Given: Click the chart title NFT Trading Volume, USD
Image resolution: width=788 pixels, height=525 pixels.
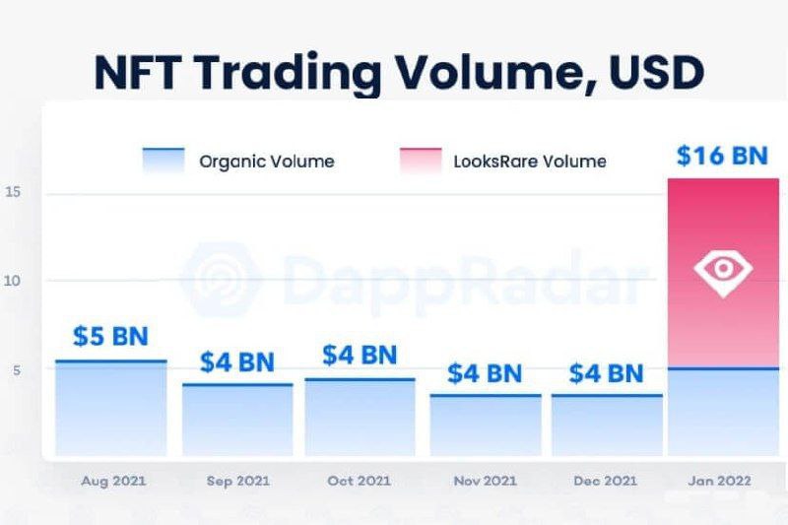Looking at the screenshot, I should (x=398, y=72).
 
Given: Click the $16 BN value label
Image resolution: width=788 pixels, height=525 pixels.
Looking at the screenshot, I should (x=722, y=155).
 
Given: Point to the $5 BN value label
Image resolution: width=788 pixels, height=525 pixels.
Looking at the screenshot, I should (x=110, y=336).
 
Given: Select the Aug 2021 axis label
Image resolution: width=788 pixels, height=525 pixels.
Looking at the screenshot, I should (x=113, y=481).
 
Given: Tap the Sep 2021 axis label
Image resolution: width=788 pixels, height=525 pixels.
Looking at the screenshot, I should (x=237, y=481).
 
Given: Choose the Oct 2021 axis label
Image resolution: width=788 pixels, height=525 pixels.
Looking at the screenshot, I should (x=360, y=481).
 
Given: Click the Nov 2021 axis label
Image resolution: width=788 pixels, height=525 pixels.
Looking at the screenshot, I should (x=484, y=481).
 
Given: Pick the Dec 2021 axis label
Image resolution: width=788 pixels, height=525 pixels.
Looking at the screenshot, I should (x=606, y=481).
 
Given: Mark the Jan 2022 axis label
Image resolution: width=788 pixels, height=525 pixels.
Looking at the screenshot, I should (x=721, y=481).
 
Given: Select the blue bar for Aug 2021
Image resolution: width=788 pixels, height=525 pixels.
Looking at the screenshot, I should (x=110, y=409).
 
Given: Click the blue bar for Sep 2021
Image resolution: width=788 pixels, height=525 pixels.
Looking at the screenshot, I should (x=237, y=421).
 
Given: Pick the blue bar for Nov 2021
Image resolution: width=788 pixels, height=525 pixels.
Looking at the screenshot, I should (x=486, y=426).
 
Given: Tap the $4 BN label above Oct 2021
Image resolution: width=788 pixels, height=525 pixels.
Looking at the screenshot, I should (x=360, y=355).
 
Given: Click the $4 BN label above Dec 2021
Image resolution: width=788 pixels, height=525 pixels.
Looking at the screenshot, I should (x=606, y=373).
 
